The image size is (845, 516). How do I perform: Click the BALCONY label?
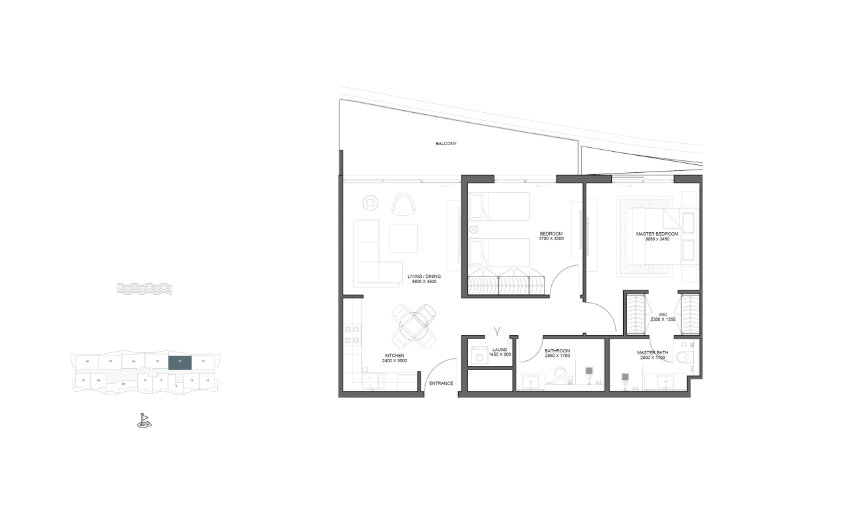[x=446, y=143]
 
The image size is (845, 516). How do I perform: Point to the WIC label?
[x=662, y=314]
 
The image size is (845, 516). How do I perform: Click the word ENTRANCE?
[x=440, y=383]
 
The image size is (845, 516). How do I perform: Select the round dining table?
[x=414, y=326]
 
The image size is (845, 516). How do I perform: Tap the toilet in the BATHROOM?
[x=561, y=375]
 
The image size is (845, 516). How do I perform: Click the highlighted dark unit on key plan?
[x=180, y=362]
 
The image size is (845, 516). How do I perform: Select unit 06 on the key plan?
[x=87, y=362]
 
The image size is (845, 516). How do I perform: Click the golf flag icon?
[x=144, y=420]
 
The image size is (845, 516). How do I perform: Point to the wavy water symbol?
[x=145, y=288]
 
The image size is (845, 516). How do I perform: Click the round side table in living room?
[x=371, y=204]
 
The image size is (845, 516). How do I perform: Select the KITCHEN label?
[x=394, y=356]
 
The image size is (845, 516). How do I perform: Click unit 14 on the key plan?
[x=207, y=381]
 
